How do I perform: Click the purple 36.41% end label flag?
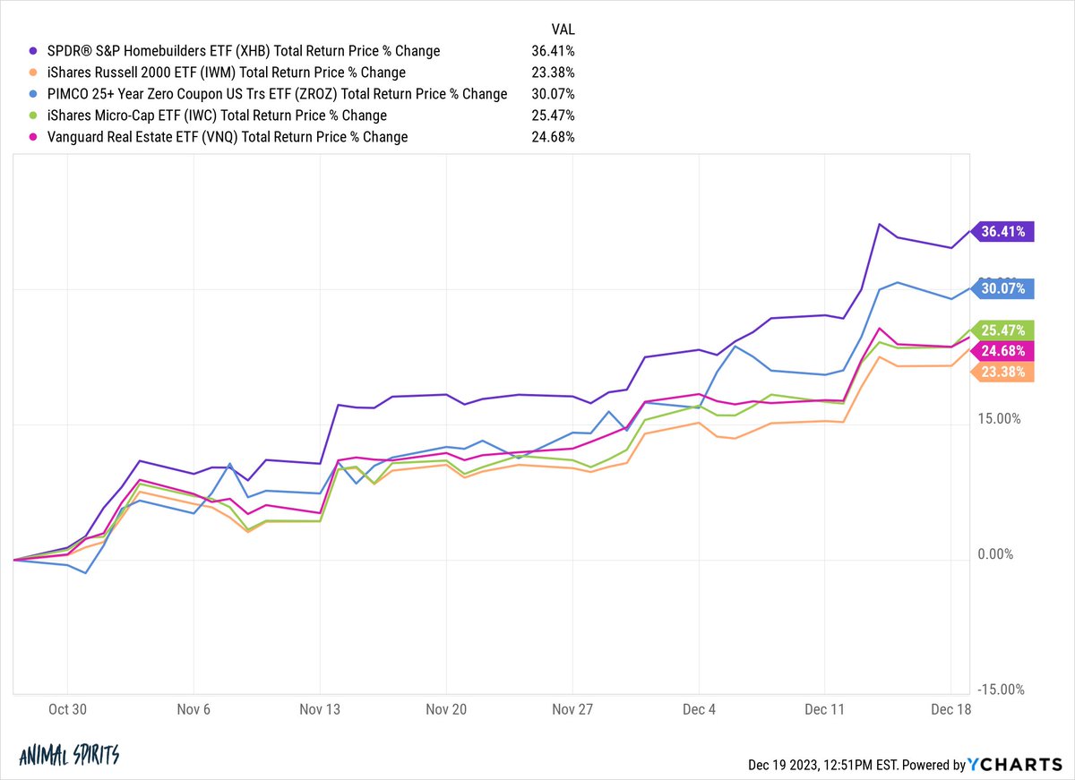[1003, 231]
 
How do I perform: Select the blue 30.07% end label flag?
[1003, 288]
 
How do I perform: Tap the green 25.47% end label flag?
[1003, 330]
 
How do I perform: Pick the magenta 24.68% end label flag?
[1003, 351]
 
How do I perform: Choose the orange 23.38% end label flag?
[1003, 373]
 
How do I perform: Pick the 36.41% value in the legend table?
[553, 51]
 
